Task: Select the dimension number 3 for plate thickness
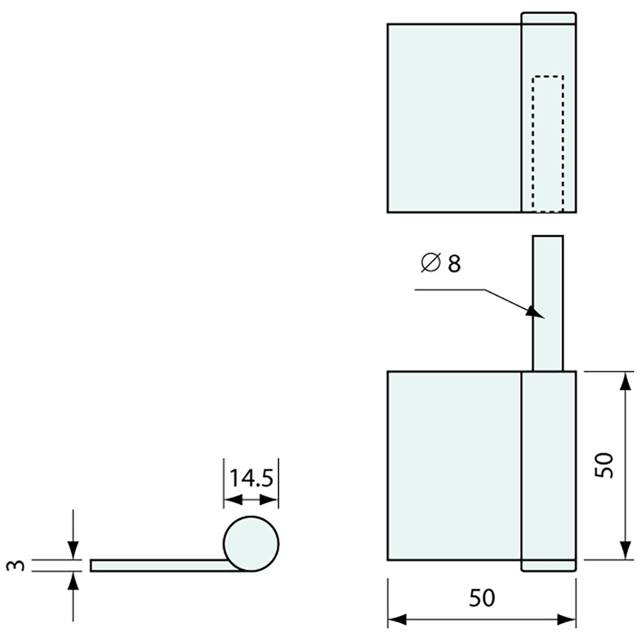coord(17,565)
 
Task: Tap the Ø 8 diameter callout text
coord(440,264)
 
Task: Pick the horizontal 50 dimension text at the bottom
coord(482,598)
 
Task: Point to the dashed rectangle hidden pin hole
coord(548,143)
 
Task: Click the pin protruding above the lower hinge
coord(548,303)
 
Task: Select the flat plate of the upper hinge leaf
coord(454,118)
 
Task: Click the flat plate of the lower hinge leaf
coord(454,465)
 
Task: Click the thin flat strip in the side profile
coord(157,565)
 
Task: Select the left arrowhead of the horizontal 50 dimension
coord(397,620)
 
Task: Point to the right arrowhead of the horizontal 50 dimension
coord(567,620)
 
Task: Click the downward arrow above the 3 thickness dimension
coord(73,550)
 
